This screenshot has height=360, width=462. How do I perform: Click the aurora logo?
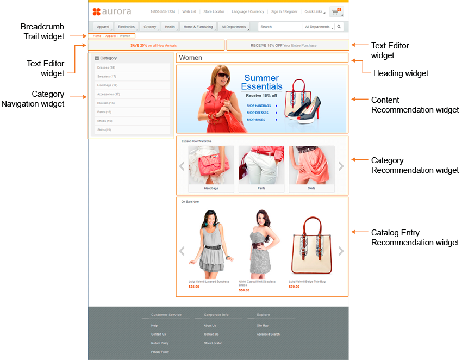click(111, 11)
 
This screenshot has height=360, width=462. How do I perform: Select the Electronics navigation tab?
click(126, 27)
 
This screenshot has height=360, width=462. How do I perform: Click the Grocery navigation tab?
click(149, 27)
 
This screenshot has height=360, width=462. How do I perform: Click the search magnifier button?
click(339, 27)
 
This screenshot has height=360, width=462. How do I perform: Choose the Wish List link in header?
click(189, 11)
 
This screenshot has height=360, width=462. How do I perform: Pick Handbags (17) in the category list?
click(108, 85)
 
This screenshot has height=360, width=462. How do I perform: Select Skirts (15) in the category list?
click(104, 130)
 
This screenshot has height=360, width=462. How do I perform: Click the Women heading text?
click(190, 58)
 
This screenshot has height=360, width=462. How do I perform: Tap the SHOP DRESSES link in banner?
click(258, 113)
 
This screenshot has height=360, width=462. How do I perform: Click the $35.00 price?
click(194, 287)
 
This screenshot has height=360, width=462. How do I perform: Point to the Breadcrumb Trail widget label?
click(43, 32)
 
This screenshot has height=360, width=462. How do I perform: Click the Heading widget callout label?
click(401, 73)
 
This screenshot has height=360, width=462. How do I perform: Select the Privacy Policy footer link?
click(160, 352)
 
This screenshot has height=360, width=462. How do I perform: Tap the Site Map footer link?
click(263, 326)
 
